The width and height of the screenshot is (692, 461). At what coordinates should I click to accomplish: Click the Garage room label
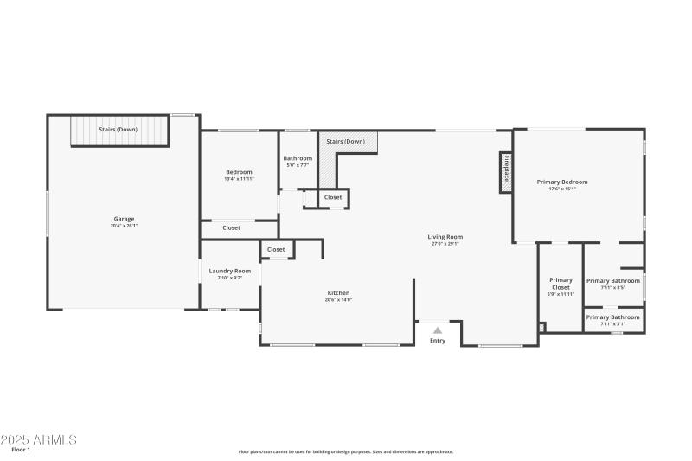124,219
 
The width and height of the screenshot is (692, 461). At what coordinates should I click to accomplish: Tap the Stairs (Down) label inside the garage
118,129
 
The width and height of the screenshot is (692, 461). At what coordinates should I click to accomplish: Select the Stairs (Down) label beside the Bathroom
345,141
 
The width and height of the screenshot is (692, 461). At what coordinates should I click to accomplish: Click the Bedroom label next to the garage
239,172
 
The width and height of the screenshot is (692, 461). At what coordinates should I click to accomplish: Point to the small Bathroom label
298,158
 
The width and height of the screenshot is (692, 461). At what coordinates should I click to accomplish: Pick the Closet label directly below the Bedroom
232,228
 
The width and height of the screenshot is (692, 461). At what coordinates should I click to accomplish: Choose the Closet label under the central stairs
333,197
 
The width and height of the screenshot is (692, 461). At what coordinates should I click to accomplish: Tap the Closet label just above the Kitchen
276,250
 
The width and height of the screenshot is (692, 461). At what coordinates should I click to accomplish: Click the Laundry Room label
229,271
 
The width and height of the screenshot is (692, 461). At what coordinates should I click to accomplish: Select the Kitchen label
338,292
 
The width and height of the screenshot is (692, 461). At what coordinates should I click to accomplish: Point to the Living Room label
445,237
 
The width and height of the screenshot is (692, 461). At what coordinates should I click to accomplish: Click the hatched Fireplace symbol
505,172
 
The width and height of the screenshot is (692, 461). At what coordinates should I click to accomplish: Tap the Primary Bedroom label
562,182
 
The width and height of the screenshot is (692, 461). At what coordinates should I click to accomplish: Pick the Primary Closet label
561,284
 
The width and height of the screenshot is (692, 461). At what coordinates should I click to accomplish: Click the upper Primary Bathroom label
613,281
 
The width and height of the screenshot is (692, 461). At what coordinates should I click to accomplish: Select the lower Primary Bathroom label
613,317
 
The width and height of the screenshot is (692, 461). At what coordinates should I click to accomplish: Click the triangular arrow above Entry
438,330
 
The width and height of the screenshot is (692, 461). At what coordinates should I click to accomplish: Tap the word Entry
438,341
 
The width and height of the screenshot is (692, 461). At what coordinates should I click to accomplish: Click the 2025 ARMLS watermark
39,439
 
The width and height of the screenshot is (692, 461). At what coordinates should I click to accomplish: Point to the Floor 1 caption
21,450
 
